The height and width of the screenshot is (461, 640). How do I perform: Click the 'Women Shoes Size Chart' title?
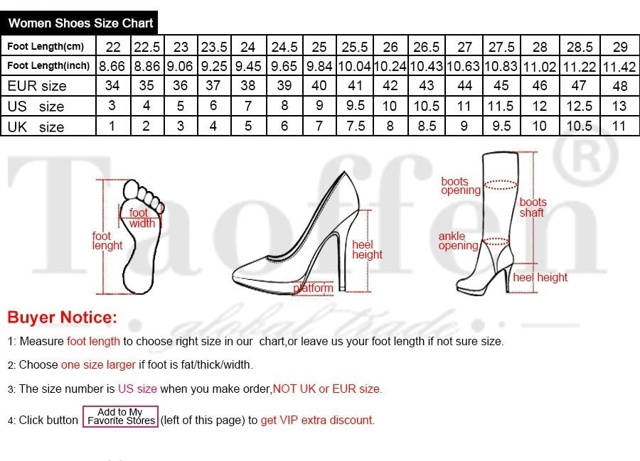click(80, 23)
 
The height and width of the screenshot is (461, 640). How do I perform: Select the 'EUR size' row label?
click(37, 86)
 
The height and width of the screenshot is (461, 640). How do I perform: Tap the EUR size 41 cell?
click(355, 86)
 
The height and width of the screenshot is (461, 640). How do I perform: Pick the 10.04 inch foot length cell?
click(355, 66)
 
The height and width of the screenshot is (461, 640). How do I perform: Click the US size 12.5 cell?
click(580, 107)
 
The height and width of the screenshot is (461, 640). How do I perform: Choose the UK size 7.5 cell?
click(355, 126)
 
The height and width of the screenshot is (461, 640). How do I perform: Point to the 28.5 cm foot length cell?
click(580, 47)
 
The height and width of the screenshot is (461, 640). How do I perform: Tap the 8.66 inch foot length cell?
click(112, 66)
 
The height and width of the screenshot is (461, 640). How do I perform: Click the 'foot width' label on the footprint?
click(140, 218)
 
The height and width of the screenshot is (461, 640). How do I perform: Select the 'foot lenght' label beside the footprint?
click(107, 241)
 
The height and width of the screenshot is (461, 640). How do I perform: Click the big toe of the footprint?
click(132, 190)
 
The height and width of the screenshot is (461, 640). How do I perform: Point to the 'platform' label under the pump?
click(314, 288)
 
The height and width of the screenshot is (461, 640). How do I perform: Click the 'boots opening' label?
click(460, 186)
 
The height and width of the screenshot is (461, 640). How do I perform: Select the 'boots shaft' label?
click(533, 207)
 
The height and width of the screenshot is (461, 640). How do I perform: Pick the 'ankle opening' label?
click(458, 241)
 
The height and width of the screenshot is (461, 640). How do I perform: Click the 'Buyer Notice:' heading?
click(62, 318)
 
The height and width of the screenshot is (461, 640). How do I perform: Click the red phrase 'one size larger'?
click(98, 365)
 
